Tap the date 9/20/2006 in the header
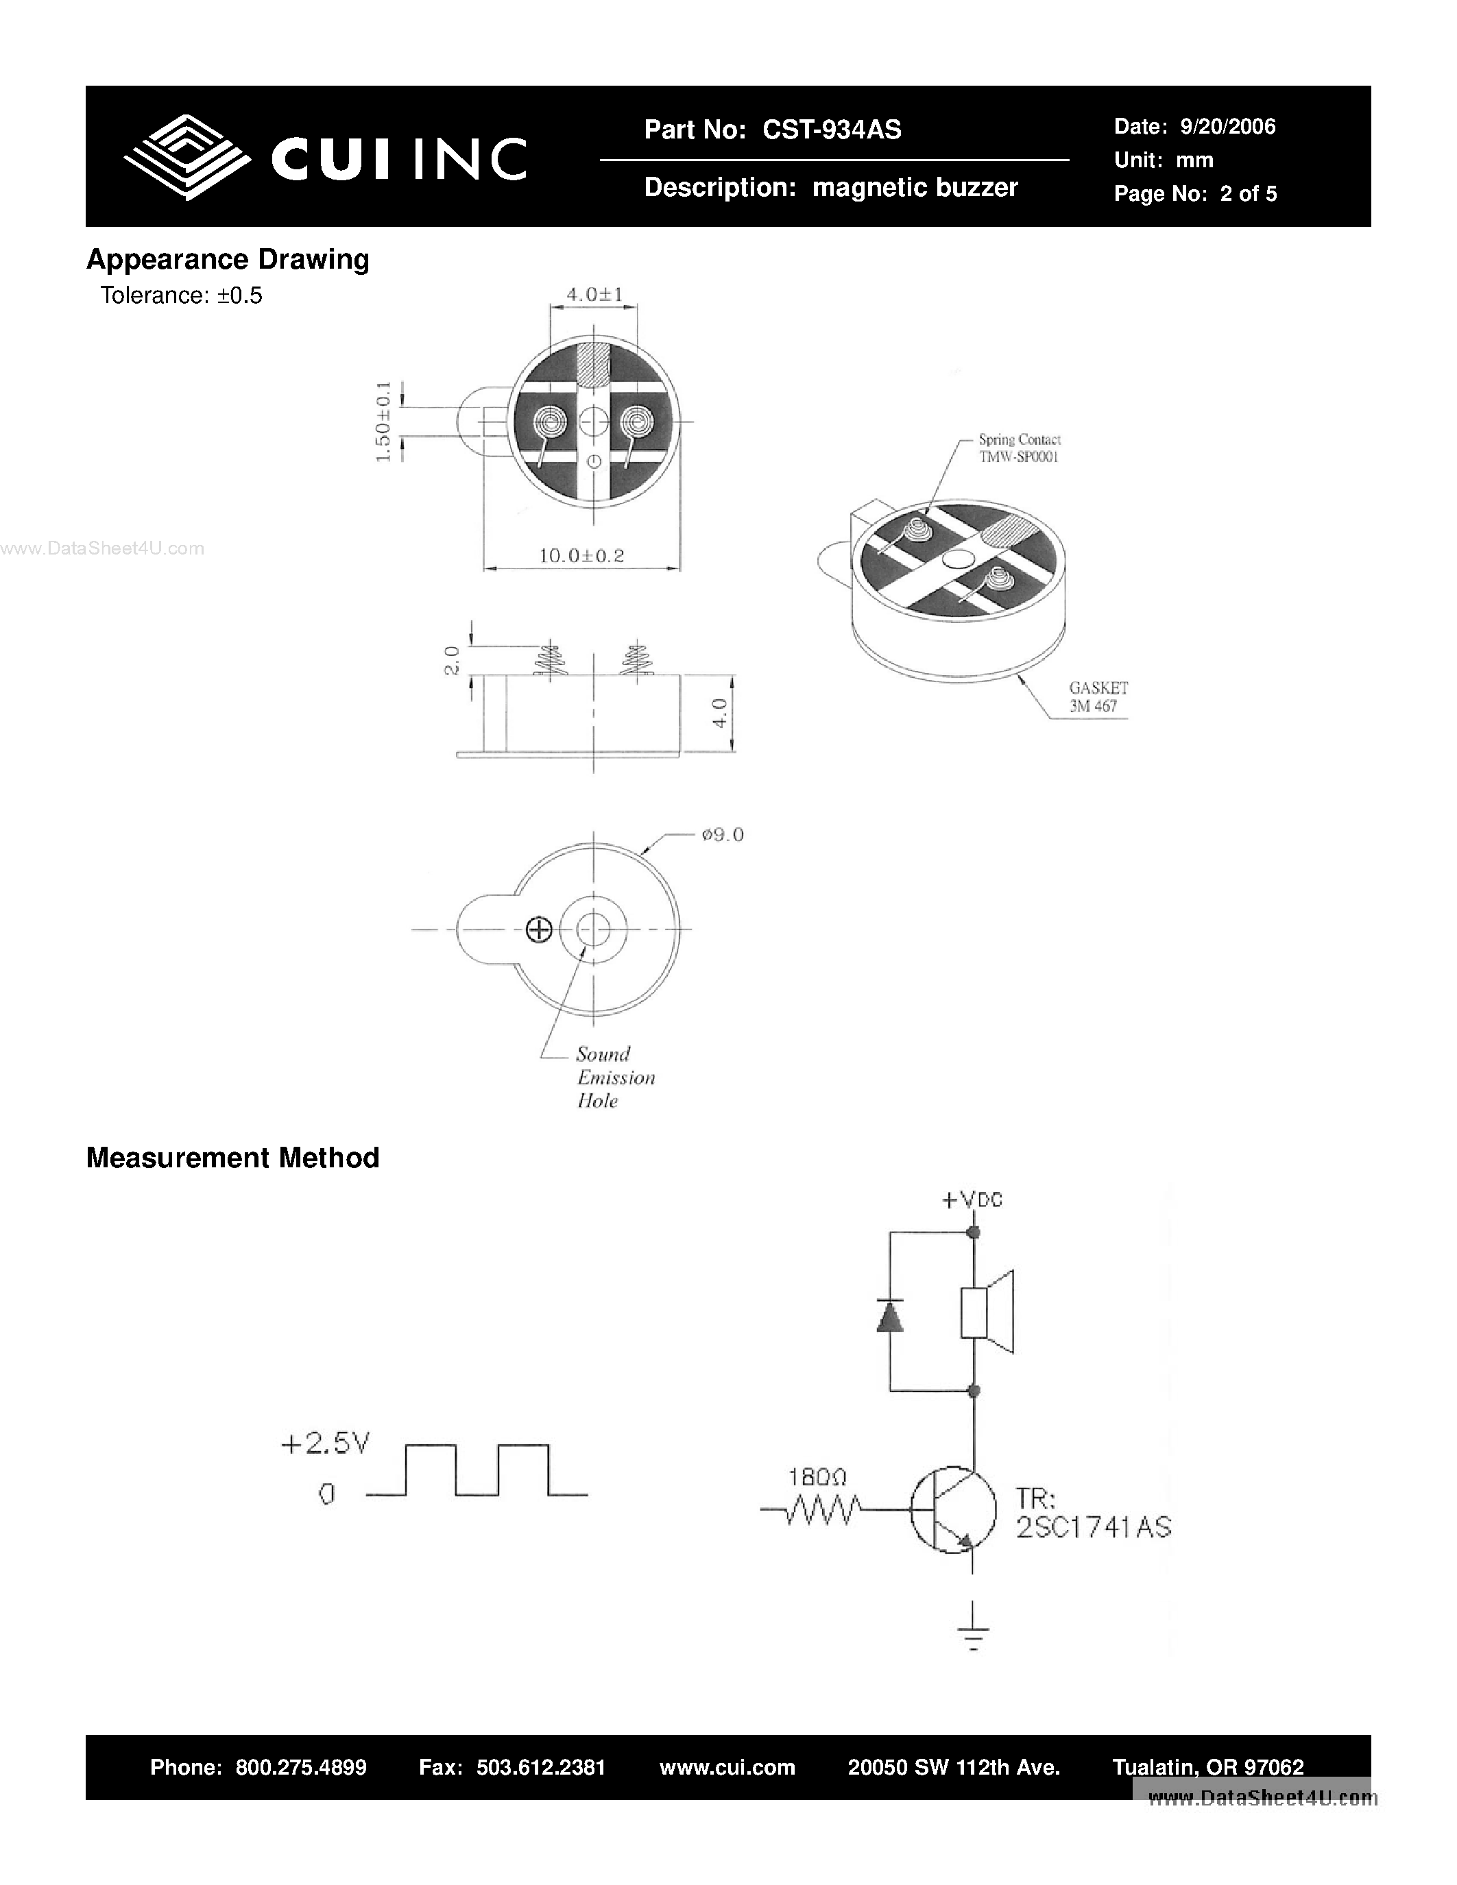tap(1227, 127)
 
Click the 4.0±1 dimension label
tap(594, 294)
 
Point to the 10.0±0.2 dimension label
tap(581, 556)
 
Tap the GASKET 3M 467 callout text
tap(1098, 696)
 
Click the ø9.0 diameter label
tap(723, 835)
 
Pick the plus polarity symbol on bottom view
tap(540, 929)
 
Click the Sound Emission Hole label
tap(614, 1077)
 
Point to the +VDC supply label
tap(972, 1200)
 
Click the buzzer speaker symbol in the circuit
tap(987, 1313)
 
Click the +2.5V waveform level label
tap(326, 1443)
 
